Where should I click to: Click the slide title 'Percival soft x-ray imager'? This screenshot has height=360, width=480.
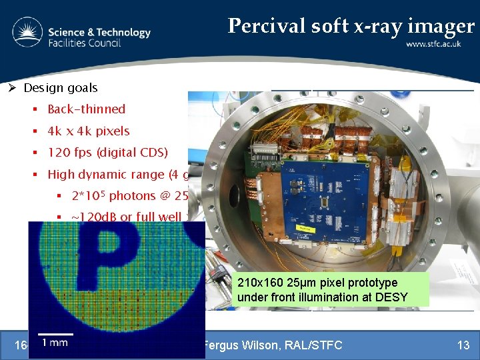351,25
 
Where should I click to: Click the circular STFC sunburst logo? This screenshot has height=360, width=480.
27,33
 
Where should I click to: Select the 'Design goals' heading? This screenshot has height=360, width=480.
60,88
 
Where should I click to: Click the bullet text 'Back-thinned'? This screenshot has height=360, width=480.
86,109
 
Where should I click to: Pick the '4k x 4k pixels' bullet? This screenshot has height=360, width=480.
89,131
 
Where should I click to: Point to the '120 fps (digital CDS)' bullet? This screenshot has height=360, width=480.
107,153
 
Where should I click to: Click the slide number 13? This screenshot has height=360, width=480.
463,345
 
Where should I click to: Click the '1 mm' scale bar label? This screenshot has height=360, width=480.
55,343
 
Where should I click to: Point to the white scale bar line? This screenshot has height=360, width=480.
55,333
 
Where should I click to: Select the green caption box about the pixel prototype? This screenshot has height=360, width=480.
331,291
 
